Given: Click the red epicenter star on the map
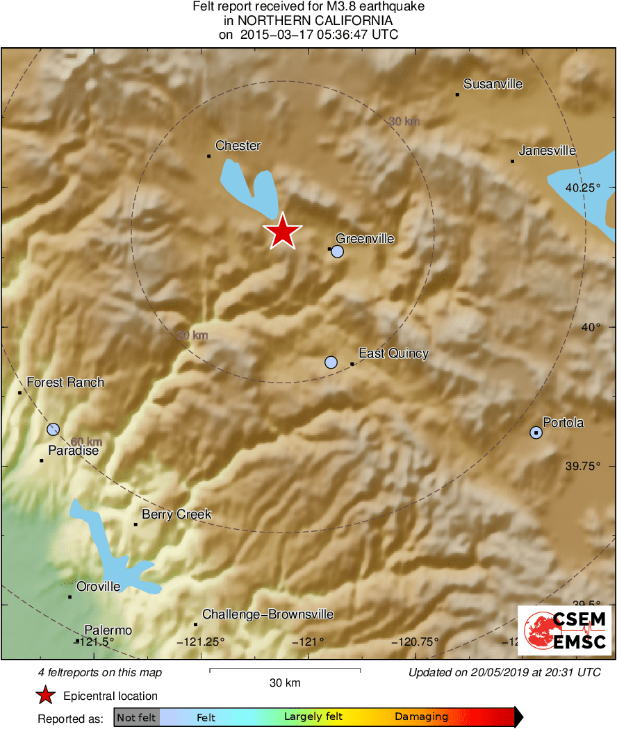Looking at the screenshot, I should click(x=282, y=231).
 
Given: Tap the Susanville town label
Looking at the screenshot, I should click(x=493, y=85).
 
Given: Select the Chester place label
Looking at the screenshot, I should click(x=238, y=146).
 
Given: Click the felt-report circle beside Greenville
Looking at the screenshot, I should click(x=338, y=251).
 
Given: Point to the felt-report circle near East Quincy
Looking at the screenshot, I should click(x=331, y=362).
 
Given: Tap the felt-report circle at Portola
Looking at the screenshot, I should click(x=536, y=433).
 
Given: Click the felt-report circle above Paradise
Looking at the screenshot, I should click(x=53, y=429).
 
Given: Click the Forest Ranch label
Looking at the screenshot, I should click(x=65, y=383).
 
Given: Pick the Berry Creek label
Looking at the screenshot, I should click(x=176, y=514).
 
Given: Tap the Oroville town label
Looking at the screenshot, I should click(x=98, y=587).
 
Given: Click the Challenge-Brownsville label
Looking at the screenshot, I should click(x=268, y=614).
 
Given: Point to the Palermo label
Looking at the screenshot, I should click(x=108, y=630).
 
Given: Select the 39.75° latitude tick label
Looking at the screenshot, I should click(x=582, y=466).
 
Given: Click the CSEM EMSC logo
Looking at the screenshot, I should click(x=564, y=630).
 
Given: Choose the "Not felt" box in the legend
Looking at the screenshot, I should click(x=136, y=717).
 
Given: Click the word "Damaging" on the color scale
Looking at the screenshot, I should click(x=421, y=717).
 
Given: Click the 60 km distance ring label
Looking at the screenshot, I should click(x=86, y=442).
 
